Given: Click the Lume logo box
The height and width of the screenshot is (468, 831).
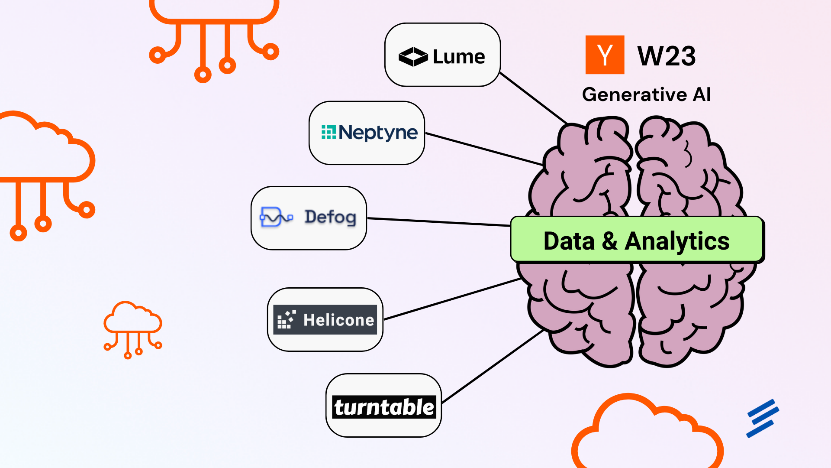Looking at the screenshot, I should click(442, 55).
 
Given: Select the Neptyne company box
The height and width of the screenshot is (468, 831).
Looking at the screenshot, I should click(367, 133).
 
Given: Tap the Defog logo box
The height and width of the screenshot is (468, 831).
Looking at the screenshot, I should click(309, 218).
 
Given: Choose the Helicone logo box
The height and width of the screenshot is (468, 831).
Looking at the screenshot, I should click(325, 320).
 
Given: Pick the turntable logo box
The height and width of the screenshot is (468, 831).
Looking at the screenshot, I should click(383, 406).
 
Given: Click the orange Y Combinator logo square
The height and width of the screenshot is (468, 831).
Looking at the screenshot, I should click(605, 55).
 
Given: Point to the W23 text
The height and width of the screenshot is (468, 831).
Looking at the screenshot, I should click(667, 56).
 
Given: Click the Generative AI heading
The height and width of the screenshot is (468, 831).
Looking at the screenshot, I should click(646, 94).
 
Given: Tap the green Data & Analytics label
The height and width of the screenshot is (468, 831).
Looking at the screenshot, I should click(637, 240).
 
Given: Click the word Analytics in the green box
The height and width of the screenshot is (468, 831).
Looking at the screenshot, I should click(677, 241).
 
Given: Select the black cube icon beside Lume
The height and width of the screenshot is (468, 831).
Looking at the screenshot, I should click(413, 57).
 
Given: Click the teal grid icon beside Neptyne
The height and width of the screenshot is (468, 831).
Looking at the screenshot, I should click(329, 132).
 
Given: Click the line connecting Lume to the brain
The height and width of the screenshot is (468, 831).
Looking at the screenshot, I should click(533, 98).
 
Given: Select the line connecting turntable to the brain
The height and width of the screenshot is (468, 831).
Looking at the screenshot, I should click(493, 367).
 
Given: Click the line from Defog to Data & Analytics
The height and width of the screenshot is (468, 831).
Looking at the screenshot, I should click(439, 222).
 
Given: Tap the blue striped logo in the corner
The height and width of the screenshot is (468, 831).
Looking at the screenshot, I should click(763, 418).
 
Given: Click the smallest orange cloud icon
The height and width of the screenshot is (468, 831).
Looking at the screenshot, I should click(133, 328).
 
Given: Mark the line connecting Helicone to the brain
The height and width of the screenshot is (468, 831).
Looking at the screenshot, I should click(452, 299).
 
